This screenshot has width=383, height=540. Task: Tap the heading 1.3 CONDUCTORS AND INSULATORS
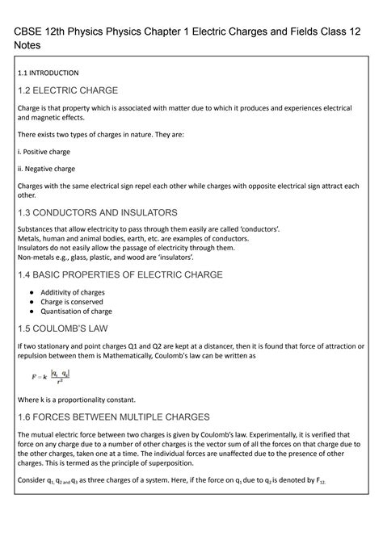point(98,213)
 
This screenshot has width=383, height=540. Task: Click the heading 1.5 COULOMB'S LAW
point(68,329)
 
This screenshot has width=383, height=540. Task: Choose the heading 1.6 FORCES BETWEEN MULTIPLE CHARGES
point(113,417)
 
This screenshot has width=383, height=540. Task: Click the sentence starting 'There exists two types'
point(101,134)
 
